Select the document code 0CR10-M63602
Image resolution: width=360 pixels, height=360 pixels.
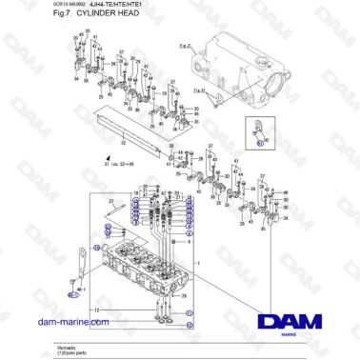69,5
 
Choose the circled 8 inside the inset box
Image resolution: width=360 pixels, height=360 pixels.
259,142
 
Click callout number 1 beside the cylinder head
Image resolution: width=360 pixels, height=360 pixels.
196,259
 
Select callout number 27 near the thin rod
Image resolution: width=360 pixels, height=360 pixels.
110,199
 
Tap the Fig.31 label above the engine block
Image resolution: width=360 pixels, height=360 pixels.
185,45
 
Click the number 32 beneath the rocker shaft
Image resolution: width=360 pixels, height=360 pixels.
121,148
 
